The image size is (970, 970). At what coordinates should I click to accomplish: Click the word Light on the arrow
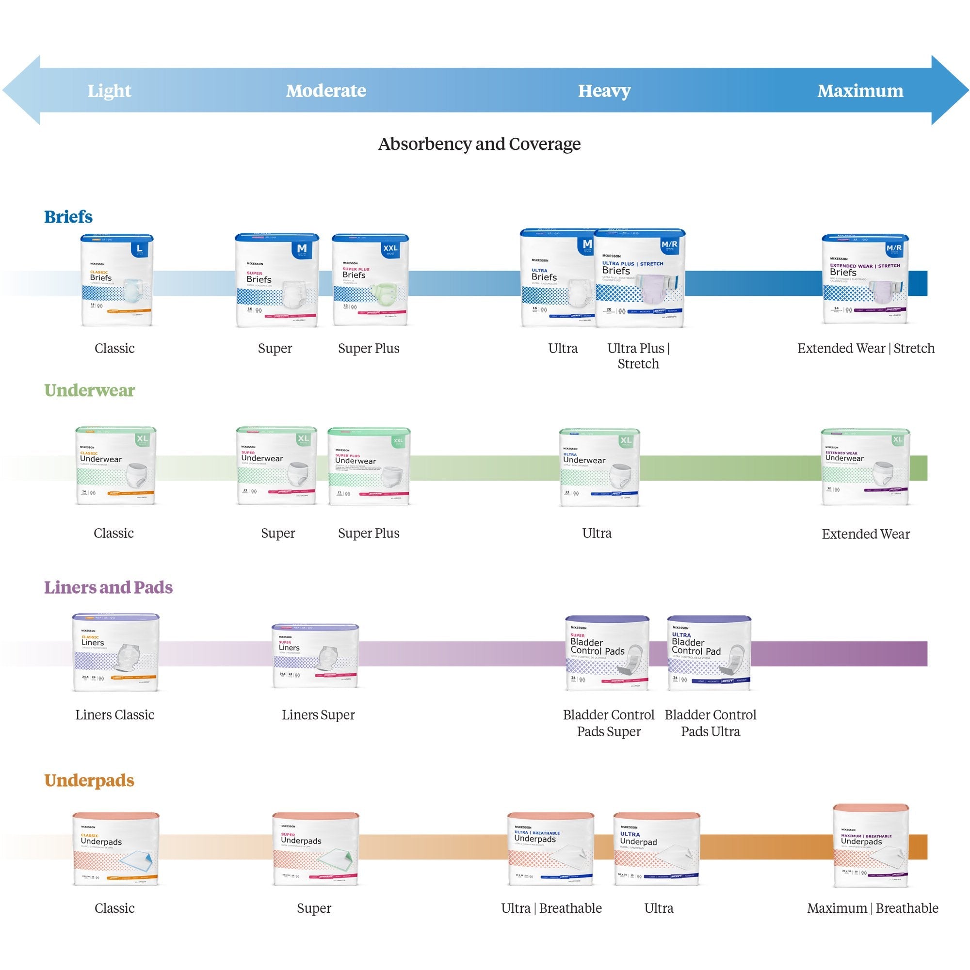109,91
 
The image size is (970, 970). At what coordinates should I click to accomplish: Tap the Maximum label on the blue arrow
860,91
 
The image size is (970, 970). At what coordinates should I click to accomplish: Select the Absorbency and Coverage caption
479,144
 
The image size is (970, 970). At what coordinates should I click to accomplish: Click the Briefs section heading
68,217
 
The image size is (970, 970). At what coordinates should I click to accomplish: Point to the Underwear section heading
89,390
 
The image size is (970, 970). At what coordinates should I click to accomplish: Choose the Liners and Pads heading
108,587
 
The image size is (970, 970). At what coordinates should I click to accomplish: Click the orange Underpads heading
89,780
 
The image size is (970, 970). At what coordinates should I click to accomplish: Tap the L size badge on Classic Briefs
140,248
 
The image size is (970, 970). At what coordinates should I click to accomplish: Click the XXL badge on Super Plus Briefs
390,248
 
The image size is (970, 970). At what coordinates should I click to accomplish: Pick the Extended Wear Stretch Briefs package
865,279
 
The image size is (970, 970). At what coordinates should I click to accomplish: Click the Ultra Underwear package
599,467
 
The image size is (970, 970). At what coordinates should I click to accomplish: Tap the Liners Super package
315,656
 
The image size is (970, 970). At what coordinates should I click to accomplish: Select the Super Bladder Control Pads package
607,653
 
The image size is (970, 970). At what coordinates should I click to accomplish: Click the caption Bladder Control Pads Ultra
710,723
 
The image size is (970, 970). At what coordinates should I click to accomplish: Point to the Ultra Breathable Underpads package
550,848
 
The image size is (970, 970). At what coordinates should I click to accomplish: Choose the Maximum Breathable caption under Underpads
872,908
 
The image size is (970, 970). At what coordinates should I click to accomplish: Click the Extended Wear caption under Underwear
865,534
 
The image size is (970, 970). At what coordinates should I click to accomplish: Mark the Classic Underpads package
115,848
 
